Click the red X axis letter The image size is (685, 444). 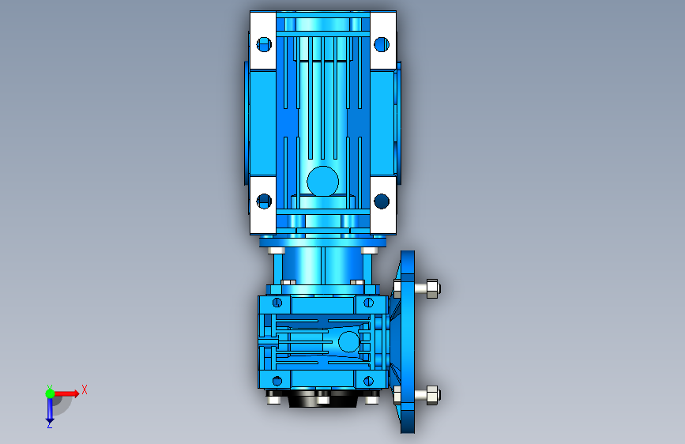point(85,389)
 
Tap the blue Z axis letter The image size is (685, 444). point(50,424)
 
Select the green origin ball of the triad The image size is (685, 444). point(50,393)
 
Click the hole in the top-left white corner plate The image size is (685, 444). point(264,44)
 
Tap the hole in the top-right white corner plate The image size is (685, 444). point(382,44)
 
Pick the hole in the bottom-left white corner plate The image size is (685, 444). point(264,201)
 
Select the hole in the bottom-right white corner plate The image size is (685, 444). point(382,201)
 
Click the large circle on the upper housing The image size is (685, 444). point(323,182)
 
